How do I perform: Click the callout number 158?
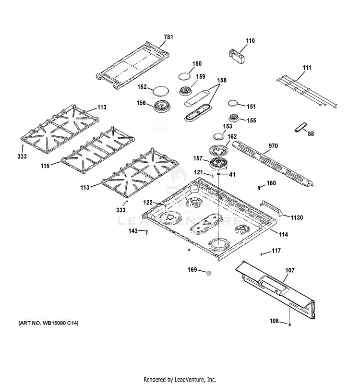point(222,81)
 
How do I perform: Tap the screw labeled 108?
point(290,325)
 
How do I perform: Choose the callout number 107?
point(289,271)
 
